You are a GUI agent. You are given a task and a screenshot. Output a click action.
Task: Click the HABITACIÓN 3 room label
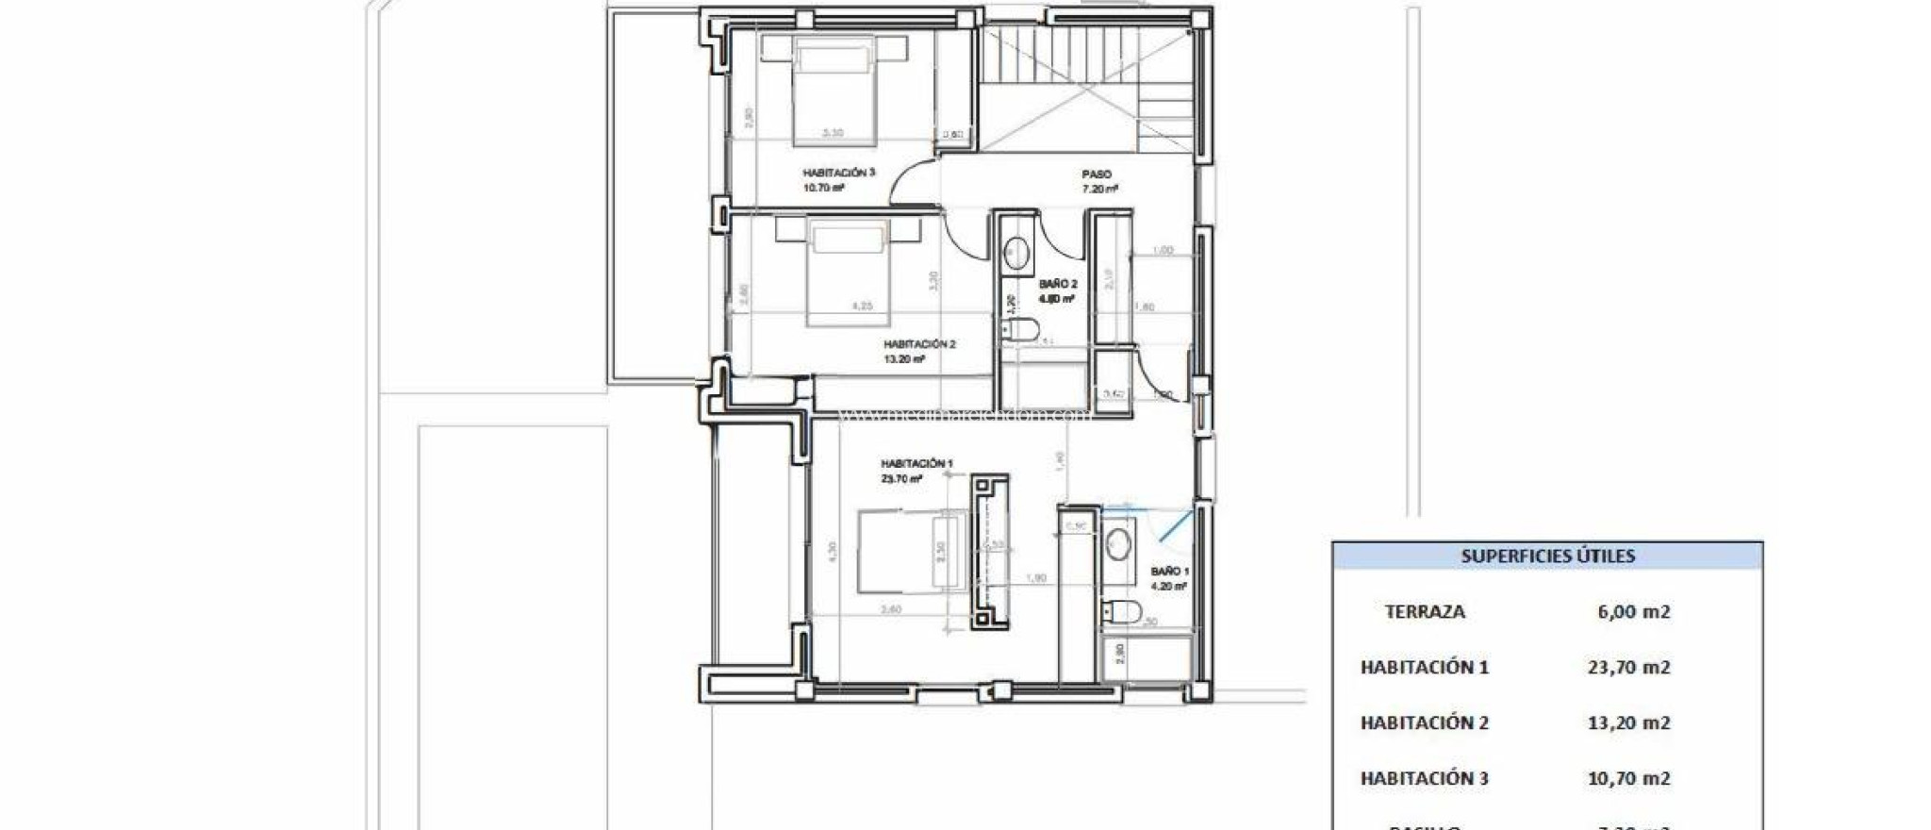coord(839,173)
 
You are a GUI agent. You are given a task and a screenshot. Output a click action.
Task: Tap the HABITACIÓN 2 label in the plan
coord(919,344)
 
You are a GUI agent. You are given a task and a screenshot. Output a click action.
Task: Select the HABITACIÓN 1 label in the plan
coord(916,464)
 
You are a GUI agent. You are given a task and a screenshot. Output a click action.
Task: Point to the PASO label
coord(1097,174)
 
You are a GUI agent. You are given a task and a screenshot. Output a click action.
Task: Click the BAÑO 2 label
coord(1058,284)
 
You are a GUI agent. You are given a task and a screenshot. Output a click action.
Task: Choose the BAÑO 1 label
coord(1169,572)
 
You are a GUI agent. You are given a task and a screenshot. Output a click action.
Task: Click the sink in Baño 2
coord(1016,252)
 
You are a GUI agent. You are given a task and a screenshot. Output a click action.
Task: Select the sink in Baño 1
coord(1119,542)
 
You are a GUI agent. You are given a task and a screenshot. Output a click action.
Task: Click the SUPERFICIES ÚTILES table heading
coord(1547,556)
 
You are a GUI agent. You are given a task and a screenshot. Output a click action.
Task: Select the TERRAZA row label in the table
coord(1425,611)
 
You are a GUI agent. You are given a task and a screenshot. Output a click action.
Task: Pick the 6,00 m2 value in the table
coord(1633,611)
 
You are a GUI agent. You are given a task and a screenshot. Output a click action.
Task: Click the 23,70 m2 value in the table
coord(1628,668)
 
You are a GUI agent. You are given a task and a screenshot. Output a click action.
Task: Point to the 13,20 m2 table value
coord(1628,723)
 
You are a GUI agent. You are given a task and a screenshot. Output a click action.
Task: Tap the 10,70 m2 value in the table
coord(1628,779)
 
